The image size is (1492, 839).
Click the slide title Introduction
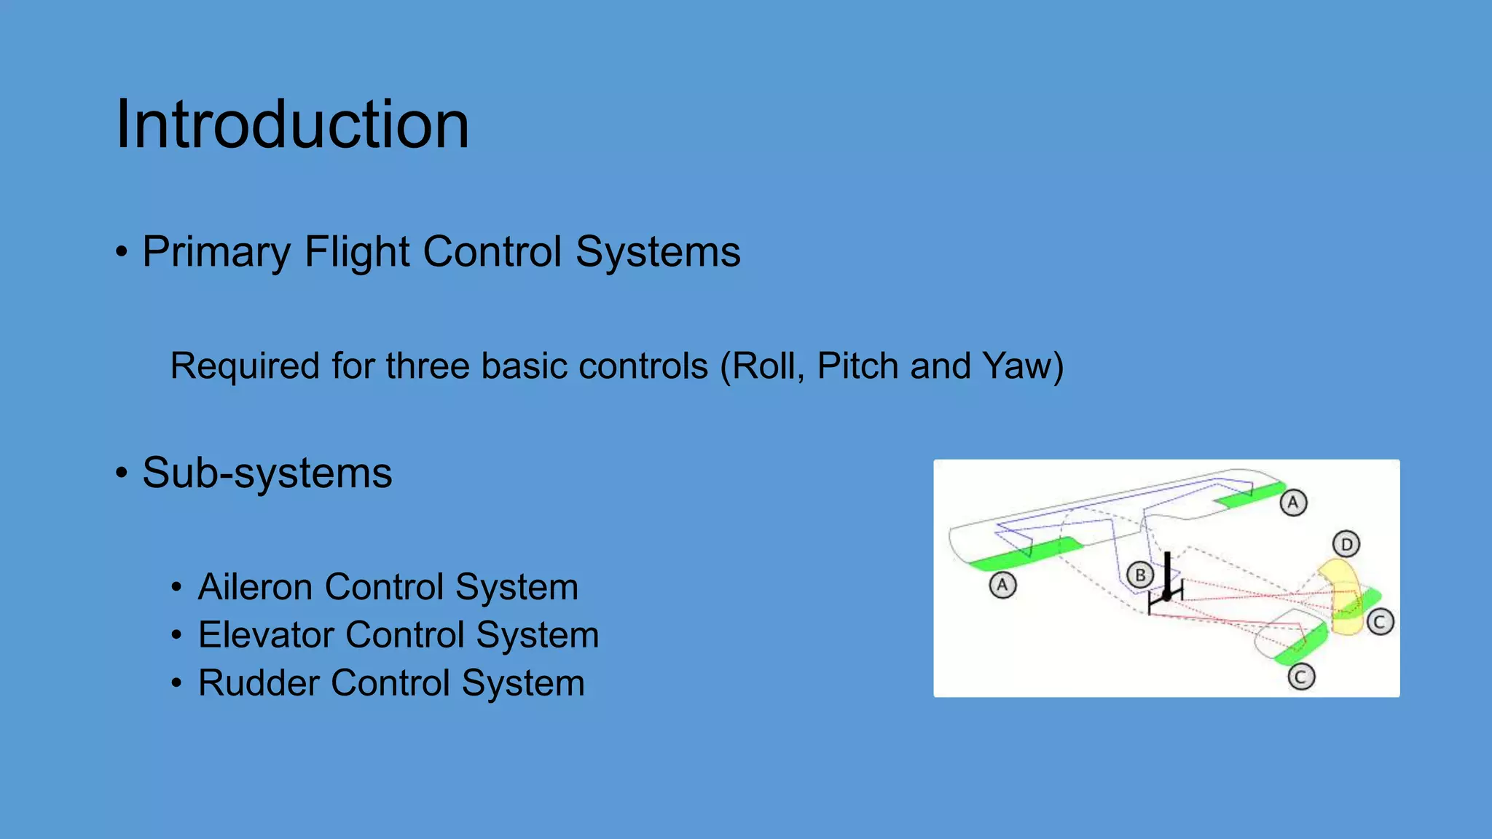292,125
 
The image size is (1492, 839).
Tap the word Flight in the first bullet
357,252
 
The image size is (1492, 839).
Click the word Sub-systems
267,473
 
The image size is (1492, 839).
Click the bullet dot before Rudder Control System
176,684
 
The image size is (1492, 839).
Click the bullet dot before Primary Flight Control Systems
122,253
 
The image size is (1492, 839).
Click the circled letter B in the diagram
1140,575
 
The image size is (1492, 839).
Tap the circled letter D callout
1346,544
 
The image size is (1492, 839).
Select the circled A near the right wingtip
1293,503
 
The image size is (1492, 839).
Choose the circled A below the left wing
1002,585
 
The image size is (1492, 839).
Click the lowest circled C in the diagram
1300,677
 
